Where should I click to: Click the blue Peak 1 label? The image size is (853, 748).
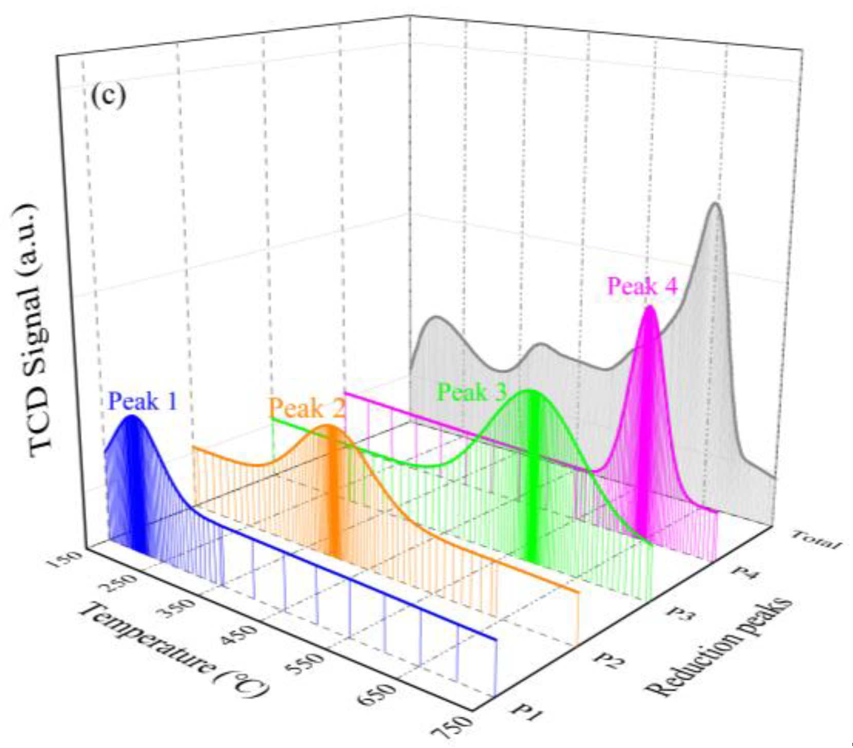point(143,401)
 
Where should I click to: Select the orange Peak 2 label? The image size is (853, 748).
point(307,409)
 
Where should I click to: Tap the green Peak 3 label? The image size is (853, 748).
point(471,393)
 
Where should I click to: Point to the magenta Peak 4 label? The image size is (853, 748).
point(642,286)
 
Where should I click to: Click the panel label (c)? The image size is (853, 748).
point(108,96)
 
